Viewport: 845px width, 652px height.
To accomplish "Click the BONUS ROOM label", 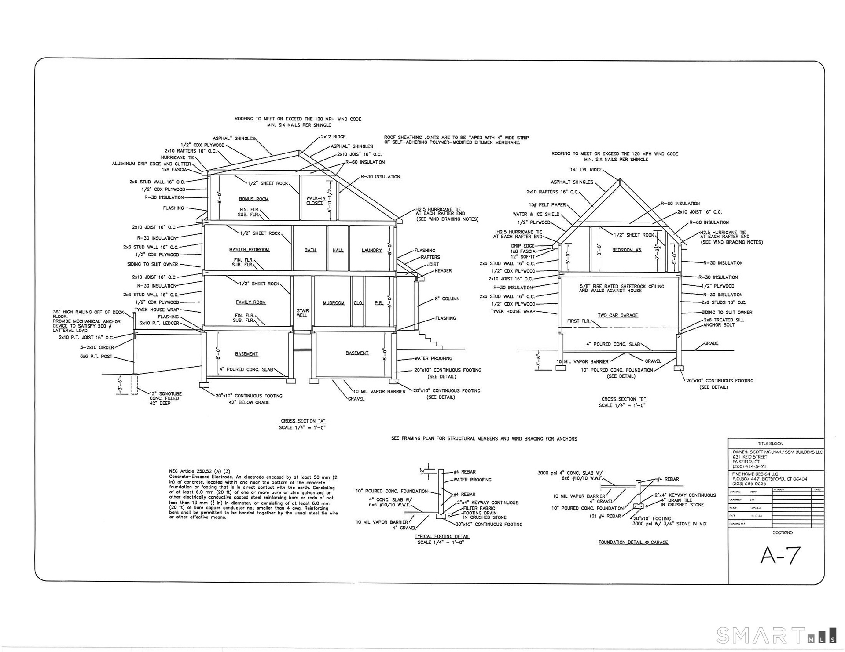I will click(253, 199).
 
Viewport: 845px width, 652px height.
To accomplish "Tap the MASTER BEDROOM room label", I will click(249, 250).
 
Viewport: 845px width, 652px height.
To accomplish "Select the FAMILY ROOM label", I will click(250, 302).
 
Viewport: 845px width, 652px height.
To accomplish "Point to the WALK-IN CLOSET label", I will click(316, 200).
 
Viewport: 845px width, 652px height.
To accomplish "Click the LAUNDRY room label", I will click(372, 250).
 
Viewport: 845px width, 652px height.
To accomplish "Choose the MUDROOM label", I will click(334, 303).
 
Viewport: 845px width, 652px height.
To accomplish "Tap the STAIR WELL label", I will click(302, 313).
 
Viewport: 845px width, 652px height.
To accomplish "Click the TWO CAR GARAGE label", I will click(617, 315).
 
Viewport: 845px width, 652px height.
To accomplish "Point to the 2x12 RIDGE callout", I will click(333, 137).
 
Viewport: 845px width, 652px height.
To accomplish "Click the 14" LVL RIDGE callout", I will click(586, 170).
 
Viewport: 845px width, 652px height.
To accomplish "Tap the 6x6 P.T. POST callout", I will click(96, 357).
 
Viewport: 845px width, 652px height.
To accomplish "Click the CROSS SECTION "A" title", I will click(303, 421).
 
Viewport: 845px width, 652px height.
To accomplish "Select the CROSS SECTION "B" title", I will click(624, 399).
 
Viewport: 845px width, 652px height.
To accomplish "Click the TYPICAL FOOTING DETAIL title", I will click(442, 536).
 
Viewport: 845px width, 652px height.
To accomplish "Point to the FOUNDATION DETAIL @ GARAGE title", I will click(633, 543).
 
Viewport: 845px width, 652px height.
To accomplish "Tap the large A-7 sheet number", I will click(780, 556).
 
